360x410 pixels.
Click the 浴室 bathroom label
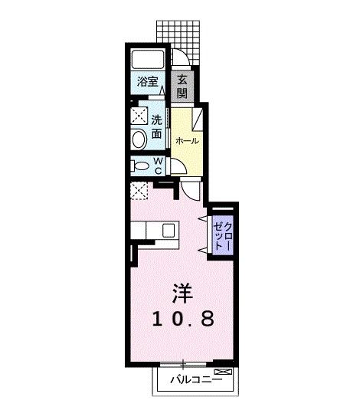[148, 81]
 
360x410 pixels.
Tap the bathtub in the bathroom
[148, 59]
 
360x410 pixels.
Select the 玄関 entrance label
[182, 86]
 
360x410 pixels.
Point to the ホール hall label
[187, 141]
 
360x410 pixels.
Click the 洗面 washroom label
[157, 127]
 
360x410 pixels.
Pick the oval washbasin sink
[139, 139]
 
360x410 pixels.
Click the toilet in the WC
[140, 166]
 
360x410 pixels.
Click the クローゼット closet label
[222, 235]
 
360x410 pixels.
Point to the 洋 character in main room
[182, 293]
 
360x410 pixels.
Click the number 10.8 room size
[183, 319]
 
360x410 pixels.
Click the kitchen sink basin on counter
[168, 231]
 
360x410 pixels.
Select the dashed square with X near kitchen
[139, 191]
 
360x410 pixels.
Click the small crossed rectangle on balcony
[223, 372]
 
